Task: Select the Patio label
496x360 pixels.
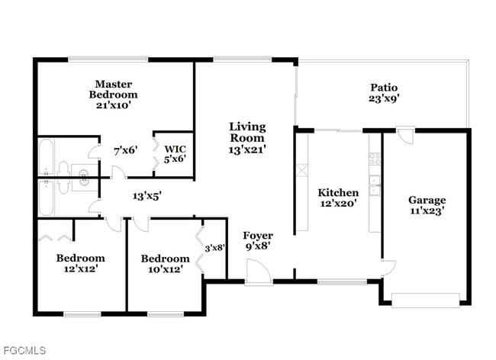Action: [384, 88]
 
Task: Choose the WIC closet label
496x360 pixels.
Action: [176, 148]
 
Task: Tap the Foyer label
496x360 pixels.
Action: [258, 236]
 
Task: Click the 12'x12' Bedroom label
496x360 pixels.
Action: [80, 258]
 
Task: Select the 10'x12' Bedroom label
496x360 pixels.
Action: [165, 259]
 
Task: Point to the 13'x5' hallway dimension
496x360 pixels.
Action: [147, 195]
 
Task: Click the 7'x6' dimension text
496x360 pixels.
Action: [125, 150]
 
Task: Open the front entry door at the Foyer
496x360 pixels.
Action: [256, 271]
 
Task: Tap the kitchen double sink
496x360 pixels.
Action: [375, 182]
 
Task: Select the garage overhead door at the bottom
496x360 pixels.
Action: [426, 299]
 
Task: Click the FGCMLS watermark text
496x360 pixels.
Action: [24, 351]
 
